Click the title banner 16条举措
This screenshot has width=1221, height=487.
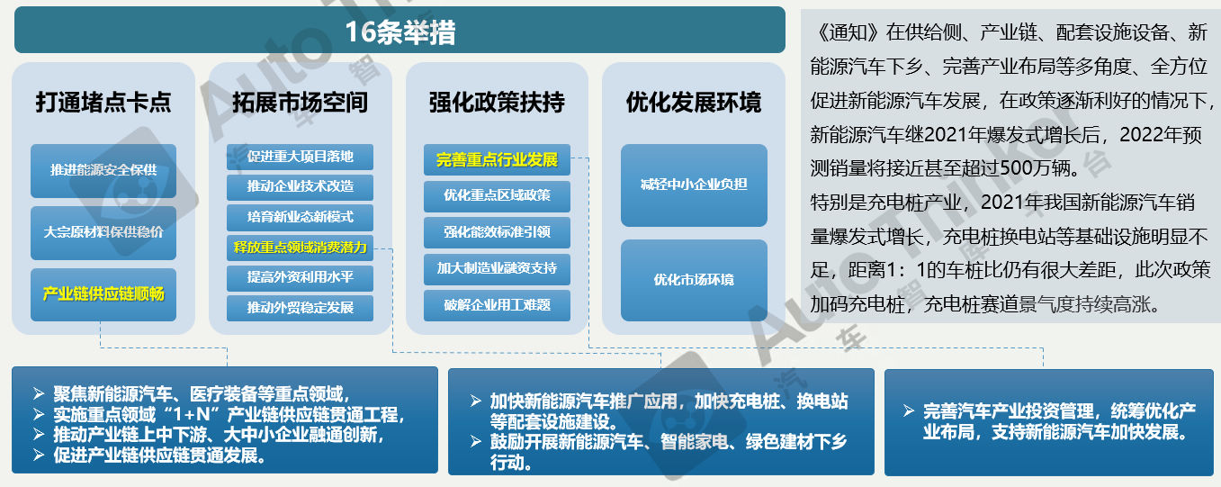coord(400,30)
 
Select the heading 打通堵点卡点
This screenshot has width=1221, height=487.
coord(103,102)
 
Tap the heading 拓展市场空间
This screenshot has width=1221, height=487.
coord(301,102)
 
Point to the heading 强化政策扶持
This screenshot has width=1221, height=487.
coord(497,102)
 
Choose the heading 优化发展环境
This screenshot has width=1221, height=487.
coord(694,102)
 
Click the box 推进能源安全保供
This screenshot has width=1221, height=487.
coord(103,171)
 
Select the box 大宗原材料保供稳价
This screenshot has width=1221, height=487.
coord(103,233)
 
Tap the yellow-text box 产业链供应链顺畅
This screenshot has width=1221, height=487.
coord(103,294)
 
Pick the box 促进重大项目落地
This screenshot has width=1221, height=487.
coord(301,157)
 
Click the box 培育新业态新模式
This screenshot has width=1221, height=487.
coord(301,218)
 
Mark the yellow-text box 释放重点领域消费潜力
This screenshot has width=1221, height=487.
coord(301,248)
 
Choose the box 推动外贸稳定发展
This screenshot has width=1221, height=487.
coord(301,308)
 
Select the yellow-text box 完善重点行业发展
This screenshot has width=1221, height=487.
coord(497,160)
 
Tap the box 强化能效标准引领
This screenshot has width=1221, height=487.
coord(497,232)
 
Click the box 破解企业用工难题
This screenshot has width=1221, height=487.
coord(497,305)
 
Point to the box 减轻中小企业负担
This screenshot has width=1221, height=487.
coord(694,185)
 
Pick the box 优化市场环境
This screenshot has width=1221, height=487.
coord(694,280)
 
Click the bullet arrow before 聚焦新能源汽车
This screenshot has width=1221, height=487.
coord(39,393)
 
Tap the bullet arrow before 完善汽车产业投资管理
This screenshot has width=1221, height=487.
coord(908,410)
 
